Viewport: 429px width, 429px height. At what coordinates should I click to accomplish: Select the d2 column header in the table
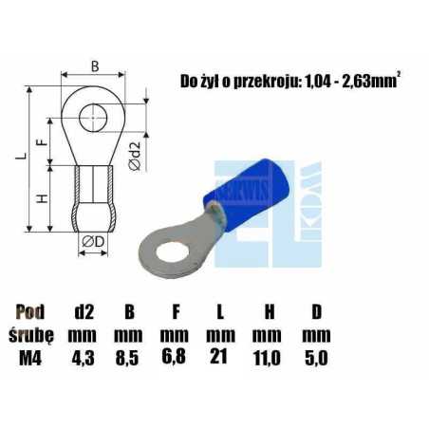(x=84, y=309)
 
